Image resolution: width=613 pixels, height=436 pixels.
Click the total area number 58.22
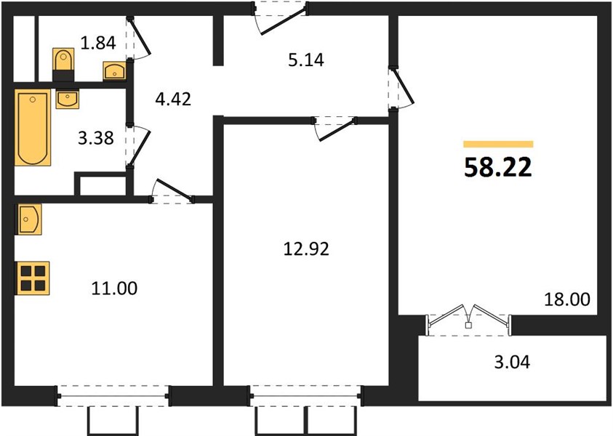coord(498,168)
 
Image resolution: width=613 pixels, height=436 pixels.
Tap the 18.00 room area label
coord(567,299)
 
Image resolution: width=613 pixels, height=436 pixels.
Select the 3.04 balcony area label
coord(512,362)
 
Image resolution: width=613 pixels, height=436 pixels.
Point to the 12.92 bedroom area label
coord(306,249)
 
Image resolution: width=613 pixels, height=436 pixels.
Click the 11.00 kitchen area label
coord(114,288)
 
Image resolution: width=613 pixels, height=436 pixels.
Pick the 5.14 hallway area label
coord(306,60)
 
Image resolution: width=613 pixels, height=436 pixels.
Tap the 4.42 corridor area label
coord(173,100)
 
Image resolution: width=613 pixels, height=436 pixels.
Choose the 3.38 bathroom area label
coord(96,138)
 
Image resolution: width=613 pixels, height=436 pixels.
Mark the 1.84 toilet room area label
coord(98,43)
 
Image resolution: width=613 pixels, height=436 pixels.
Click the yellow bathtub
coord(33,127)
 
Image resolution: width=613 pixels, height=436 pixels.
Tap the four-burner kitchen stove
coord(33,278)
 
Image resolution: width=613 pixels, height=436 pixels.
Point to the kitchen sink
coord(29,219)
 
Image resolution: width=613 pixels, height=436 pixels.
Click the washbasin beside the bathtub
coord(67,99)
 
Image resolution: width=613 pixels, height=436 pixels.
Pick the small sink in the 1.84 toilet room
coord(115,71)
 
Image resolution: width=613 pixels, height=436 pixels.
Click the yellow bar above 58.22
coord(498,144)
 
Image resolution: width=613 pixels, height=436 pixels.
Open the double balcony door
coord(469,316)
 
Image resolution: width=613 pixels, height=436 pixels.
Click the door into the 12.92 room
coord(337,129)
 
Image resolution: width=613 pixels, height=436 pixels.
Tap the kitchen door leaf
coord(174,190)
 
